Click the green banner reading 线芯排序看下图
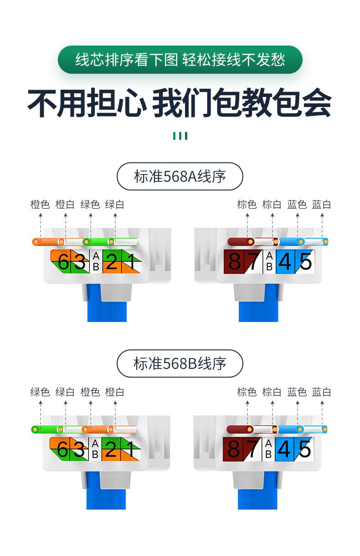pos(180,60)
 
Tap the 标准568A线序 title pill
pos(180,176)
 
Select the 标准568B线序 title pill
pos(180,363)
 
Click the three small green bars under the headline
pos(180,136)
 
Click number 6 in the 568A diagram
pos(63,262)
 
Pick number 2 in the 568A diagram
pos(111,262)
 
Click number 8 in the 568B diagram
pos(233,449)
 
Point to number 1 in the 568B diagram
pos(131,449)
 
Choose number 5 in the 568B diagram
pos(304,449)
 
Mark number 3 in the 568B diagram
pos(79,449)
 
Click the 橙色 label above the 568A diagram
pos(40,204)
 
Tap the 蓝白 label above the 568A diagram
pos(321,204)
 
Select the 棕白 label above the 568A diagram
pos(272,204)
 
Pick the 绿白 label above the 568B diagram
pos(65,392)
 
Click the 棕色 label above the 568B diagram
pos(247,392)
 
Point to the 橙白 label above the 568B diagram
pos(114,392)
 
